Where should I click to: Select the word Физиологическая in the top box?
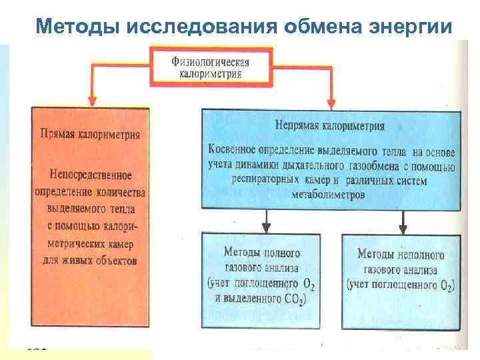[x=210, y=61]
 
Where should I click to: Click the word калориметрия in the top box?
[x=210, y=74]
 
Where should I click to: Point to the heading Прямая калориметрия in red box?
[x=89, y=134]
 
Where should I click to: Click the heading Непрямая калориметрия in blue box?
[x=329, y=125]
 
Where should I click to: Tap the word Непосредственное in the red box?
[x=90, y=175]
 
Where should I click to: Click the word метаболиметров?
[x=329, y=195]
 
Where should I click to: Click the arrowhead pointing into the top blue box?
[x=330, y=103]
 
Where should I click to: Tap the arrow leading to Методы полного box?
[x=267, y=219]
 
